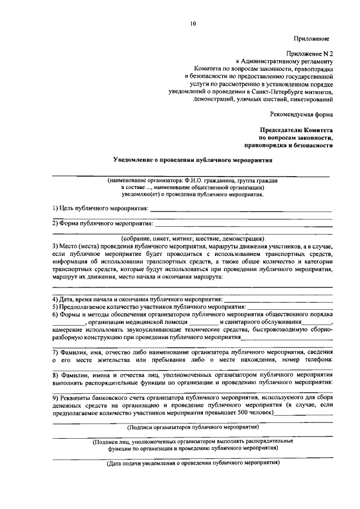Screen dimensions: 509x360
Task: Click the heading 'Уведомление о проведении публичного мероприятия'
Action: pyautogui.click(x=193, y=159)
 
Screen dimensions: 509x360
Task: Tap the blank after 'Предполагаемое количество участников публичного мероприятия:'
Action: pyautogui.click(x=290, y=307)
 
